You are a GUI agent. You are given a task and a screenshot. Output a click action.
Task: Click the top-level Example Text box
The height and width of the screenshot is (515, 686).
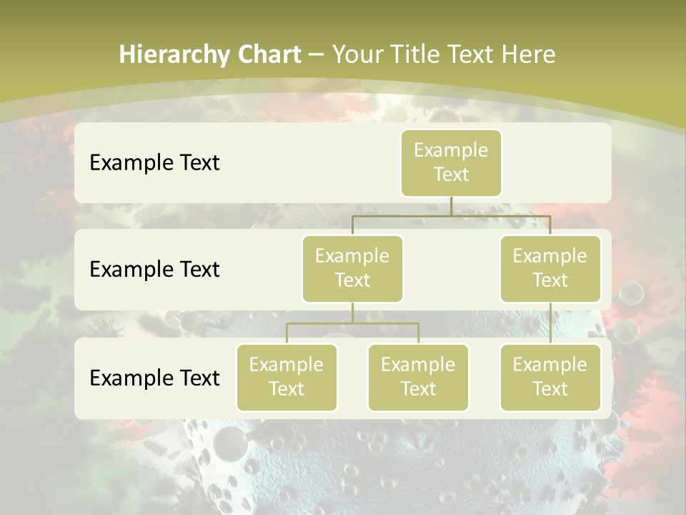pos(451,162)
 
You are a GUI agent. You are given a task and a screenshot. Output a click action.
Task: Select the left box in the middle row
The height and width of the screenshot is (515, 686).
pos(352,268)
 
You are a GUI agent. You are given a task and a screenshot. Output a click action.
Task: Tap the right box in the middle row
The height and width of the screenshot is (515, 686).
pos(550,268)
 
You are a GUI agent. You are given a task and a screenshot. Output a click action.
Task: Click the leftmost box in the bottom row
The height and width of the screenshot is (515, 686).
pos(287,377)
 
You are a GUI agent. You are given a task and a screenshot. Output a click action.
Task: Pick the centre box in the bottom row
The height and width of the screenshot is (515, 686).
pos(418,377)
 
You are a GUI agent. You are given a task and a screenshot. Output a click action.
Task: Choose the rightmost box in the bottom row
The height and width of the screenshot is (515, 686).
pos(550,377)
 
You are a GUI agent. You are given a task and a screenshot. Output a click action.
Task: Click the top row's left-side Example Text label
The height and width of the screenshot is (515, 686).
pos(154,162)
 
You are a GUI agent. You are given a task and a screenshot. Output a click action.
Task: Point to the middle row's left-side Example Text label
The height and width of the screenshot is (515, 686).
pos(154,269)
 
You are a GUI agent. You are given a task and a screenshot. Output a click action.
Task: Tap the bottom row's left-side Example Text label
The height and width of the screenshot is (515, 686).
pos(154,378)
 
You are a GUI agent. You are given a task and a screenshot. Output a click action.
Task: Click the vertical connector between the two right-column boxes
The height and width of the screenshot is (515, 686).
pos(550,323)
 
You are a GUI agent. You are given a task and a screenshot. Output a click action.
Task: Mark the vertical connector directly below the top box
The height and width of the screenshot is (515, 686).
pos(451,206)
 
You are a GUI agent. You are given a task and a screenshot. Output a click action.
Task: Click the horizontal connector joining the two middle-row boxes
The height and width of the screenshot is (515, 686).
pos(451,215)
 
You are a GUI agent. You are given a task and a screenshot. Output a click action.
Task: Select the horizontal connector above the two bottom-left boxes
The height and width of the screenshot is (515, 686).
pos(352,323)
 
